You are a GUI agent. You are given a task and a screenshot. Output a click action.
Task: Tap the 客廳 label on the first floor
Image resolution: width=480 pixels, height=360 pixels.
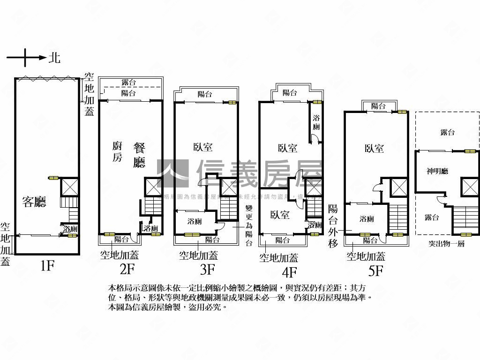coord(34,202)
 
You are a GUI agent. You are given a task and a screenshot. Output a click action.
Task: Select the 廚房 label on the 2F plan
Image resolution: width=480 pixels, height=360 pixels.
coord(117,151)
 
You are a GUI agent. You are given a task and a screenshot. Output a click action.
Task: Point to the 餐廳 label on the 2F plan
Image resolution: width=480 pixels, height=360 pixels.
coord(139,155)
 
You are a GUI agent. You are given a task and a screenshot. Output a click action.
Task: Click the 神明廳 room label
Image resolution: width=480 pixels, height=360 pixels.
coord(437,171)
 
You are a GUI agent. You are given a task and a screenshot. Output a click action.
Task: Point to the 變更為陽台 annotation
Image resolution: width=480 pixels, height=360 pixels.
coord(249,225)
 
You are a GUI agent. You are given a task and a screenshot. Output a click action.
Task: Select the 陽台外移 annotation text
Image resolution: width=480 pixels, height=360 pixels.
coord(333,226)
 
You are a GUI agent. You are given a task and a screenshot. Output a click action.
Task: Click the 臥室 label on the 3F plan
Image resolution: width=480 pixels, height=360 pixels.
coord(202,147)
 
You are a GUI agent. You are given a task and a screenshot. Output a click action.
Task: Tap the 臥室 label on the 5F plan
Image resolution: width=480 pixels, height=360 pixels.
coord(374,149)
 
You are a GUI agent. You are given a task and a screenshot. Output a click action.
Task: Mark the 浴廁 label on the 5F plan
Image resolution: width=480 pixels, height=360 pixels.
coord(367,218)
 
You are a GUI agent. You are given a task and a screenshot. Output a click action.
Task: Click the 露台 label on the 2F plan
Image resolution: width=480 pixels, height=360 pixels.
coord(128,82)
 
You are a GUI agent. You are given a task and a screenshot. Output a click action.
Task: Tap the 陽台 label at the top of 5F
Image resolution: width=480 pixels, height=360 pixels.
coord(378,106)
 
